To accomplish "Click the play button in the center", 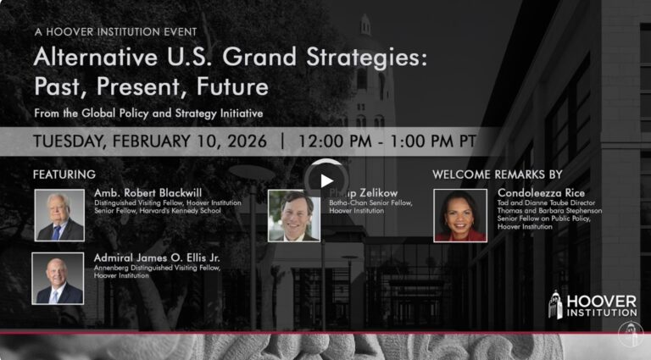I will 325,180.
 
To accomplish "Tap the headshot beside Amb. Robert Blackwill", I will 59,215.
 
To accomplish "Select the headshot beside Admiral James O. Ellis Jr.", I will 58,279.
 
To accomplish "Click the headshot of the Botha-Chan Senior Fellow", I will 293,215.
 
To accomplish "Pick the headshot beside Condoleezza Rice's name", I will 460,215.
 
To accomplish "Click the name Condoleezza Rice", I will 541,193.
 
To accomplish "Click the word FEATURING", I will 64,174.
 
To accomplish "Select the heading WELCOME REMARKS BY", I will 497,174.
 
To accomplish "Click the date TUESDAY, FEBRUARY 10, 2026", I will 150,141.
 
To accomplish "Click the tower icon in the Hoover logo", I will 556,305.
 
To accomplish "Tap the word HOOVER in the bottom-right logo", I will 601,301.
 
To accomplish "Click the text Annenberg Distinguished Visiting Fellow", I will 157,269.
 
